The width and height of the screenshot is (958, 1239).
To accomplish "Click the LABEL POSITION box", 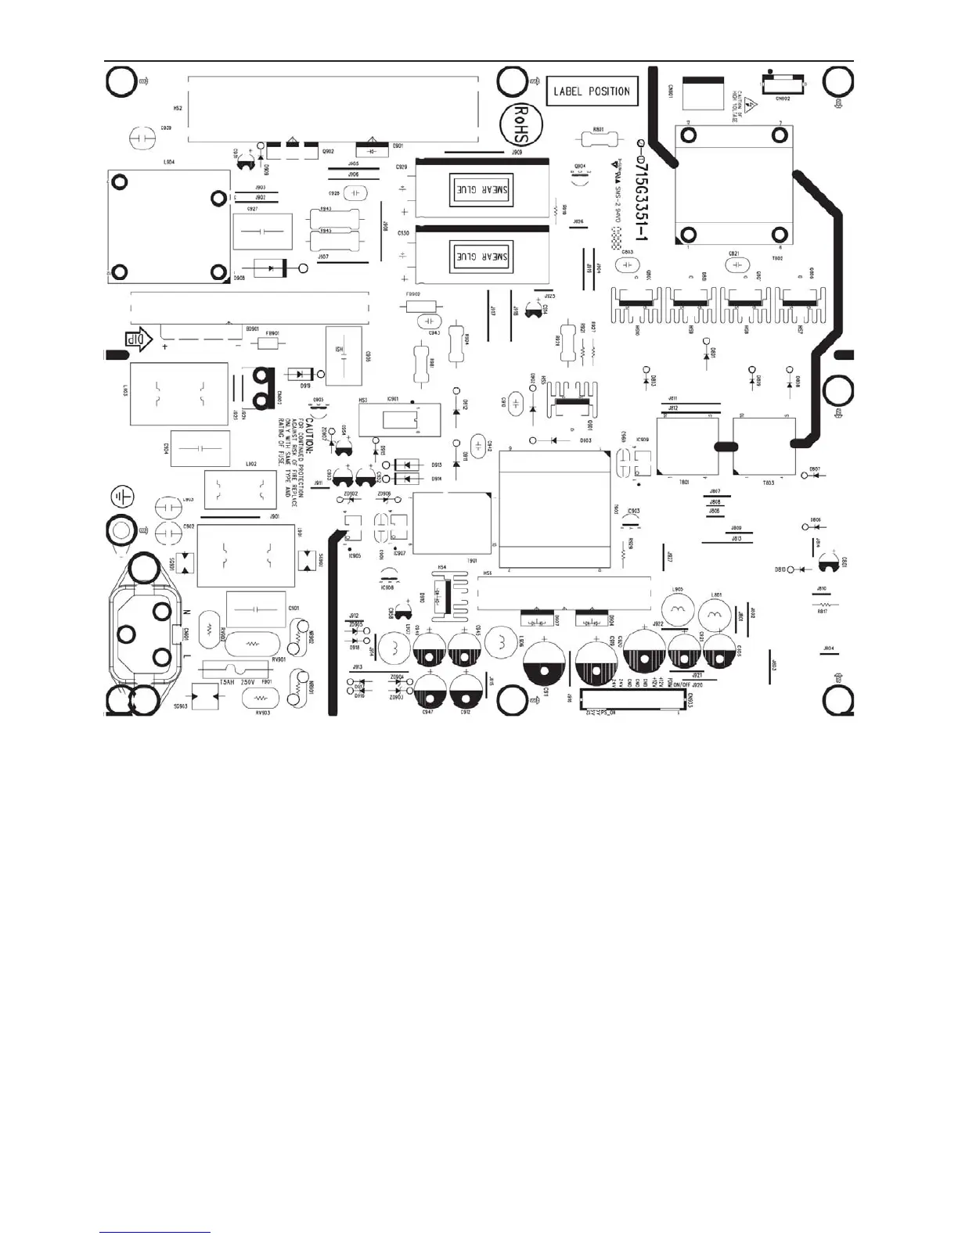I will (x=592, y=92).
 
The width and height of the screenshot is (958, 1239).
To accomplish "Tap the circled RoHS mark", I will (x=517, y=124).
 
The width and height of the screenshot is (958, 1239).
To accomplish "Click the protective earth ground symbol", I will (x=123, y=496).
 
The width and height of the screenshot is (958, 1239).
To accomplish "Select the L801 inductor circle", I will (x=714, y=615).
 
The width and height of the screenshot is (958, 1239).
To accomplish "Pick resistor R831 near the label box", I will (x=599, y=139).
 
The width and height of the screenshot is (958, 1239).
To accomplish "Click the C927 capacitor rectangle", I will (x=262, y=232).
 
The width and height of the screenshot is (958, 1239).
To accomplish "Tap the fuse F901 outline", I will (x=236, y=670).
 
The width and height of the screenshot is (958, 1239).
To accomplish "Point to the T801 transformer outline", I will (x=687, y=447).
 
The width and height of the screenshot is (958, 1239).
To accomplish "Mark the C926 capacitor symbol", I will (x=356, y=192).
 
